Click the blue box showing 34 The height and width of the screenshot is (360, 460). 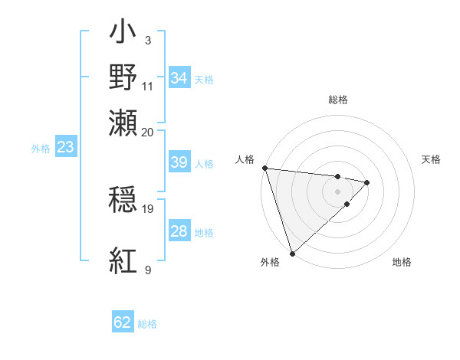tap(179, 78)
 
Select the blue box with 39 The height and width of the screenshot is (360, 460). tap(179, 163)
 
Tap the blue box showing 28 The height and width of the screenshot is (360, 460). tap(179, 231)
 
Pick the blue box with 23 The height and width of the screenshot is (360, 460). tap(65, 148)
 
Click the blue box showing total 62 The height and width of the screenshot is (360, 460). tap(123, 323)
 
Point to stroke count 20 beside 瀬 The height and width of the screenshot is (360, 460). tap(148, 132)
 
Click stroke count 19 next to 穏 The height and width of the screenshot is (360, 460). tap(148, 208)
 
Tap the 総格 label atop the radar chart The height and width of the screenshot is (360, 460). tap(338, 100)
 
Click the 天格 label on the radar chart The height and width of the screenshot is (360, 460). tap(432, 159)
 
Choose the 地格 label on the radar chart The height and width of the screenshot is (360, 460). tap(402, 262)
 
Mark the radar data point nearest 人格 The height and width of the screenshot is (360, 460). tap(264, 168)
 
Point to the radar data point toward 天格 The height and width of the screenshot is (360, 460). tap(367, 182)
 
